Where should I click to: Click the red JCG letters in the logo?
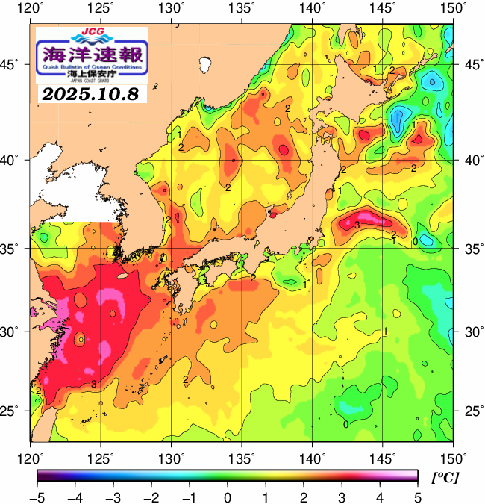(x=93, y=34)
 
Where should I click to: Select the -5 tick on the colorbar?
(x=37, y=497)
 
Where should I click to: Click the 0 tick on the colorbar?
(x=227, y=497)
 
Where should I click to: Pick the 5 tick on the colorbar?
(x=416, y=497)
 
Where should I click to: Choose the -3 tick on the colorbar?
(x=113, y=497)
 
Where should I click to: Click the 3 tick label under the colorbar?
(x=341, y=497)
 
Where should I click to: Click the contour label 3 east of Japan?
(x=357, y=224)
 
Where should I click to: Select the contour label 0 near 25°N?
(x=345, y=424)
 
